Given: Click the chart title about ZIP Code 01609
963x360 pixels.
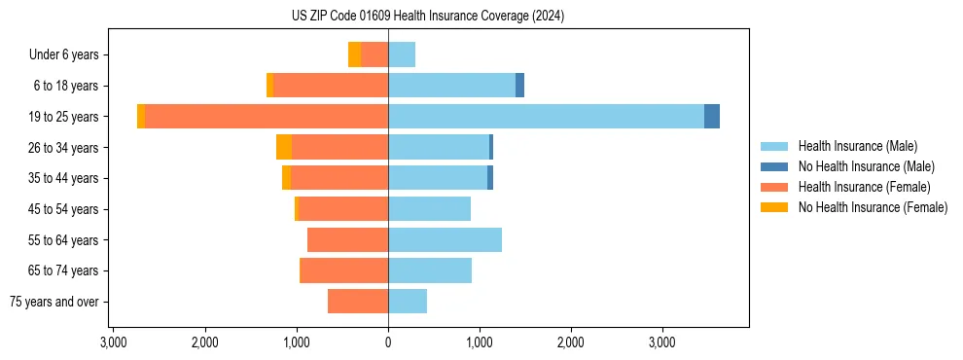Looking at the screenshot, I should click(427, 17).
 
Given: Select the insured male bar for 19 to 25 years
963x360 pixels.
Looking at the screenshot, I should click(546, 116).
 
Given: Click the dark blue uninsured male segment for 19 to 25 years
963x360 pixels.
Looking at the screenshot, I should click(712, 116).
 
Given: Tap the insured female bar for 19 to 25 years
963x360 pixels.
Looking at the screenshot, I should click(267, 116).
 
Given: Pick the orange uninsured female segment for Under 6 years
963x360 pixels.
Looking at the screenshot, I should click(354, 54).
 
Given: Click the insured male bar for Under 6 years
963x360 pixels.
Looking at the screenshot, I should click(402, 54).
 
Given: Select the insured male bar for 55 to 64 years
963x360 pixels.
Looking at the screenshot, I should click(445, 239).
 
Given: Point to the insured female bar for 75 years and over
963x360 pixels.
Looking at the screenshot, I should click(358, 302).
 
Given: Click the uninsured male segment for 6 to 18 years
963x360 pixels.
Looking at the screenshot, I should click(519, 86).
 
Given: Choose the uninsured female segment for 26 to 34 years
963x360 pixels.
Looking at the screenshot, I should click(284, 147).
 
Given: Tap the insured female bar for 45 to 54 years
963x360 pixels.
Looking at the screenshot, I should click(343, 208).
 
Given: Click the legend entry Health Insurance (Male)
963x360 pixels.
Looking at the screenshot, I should click(857, 146).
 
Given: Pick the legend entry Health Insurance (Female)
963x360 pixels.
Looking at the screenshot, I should click(864, 187).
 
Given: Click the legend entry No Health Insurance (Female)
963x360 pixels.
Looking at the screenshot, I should click(873, 207).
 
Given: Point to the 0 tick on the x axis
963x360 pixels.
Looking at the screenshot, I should click(388, 342).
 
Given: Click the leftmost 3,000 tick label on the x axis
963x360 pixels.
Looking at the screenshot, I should click(113, 342).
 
